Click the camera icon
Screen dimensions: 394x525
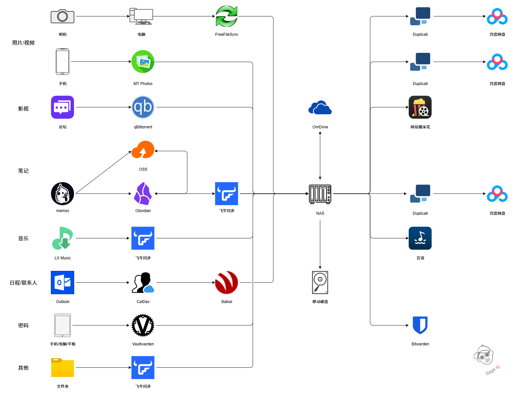(62, 16)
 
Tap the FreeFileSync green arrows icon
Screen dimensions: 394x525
(226, 16)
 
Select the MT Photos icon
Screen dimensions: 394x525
(143, 61)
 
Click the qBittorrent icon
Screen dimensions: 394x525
(143, 107)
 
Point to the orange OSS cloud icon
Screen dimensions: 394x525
(143, 150)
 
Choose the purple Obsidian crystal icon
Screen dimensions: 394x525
(143, 193)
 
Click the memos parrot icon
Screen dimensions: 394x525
(62, 193)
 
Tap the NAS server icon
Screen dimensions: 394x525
(320, 194)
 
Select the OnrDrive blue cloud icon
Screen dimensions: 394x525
(320, 107)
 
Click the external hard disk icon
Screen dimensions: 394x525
(320, 282)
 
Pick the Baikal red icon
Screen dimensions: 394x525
(226, 282)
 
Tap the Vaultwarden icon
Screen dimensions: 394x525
(143, 325)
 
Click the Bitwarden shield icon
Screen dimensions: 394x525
(420, 325)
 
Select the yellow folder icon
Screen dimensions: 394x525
(62, 367)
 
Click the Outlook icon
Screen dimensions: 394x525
(62, 282)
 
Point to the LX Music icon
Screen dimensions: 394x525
(62, 238)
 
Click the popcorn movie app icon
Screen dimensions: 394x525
(420, 107)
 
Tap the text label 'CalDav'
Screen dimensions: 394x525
(143, 302)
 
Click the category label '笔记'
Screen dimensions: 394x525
(23, 171)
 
